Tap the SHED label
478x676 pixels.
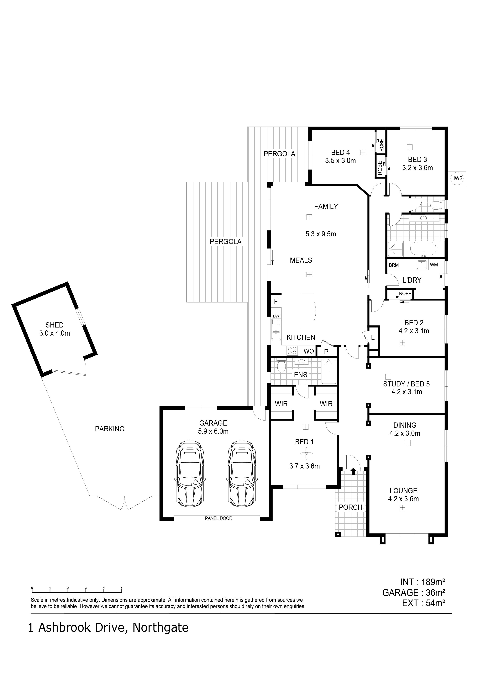[x=55, y=325]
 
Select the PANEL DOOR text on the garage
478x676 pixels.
[x=218, y=518]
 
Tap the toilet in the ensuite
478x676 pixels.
[x=281, y=366]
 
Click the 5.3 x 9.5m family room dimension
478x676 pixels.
[x=321, y=234]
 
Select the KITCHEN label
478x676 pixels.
[x=301, y=337]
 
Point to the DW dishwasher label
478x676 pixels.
[x=276, y=316]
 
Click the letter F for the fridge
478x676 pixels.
[x=276, y=301]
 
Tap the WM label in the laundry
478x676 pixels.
[x=434, y=265]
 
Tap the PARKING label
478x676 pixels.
[x=110, y=429]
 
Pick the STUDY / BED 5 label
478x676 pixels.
[x=407, y=384]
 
